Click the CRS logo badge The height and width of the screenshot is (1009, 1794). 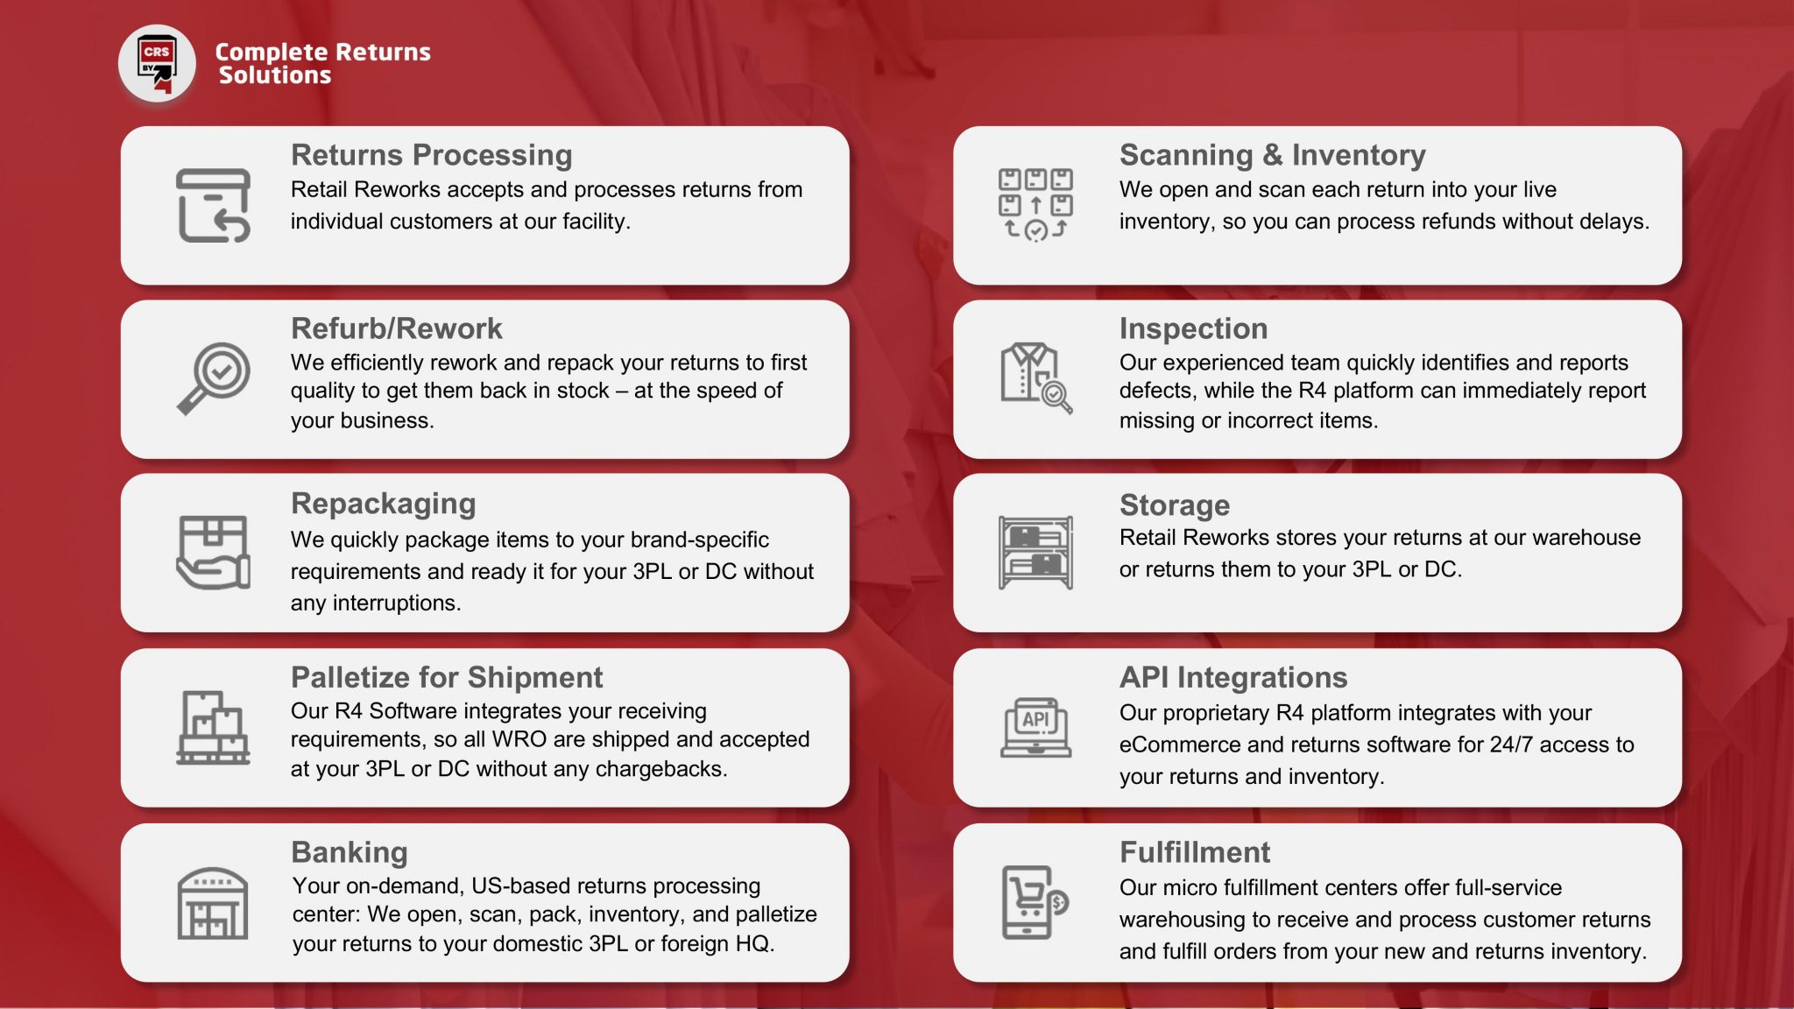(x=157, y=63)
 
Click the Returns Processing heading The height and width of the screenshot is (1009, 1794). (x=431, y=155)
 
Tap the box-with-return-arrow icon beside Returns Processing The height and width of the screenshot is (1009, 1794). (x=213, y=206)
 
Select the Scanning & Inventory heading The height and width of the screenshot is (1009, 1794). (x=1272, y=155)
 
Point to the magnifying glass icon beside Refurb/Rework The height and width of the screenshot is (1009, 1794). (x=214, y=378)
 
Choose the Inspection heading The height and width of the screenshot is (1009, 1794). (x=1193, y=328)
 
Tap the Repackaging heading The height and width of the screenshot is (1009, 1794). (x=383, y=504)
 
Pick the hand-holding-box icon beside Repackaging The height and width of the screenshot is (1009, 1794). (x=213, y=552)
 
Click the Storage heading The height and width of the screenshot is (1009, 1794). (x=1174, y=505)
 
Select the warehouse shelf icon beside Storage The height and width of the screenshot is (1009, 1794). (x=1035, y=552)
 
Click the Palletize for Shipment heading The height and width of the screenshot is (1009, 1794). (x=447, y=677)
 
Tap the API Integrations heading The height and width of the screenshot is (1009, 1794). (x=1232, y=677)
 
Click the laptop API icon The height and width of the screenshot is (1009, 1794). (x=1035, y=727)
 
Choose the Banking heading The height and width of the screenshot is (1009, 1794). (x=349, y=852)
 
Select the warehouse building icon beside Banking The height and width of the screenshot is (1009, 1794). (x=213, y=903)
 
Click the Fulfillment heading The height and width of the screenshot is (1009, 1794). (x=1194, y=852)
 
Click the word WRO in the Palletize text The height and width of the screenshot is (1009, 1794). (x=519, y=739)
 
